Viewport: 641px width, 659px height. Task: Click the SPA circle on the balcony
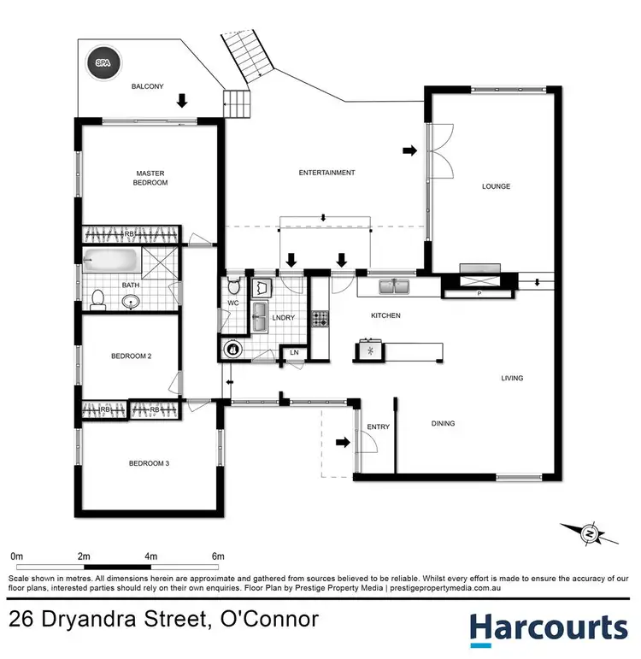[103, 62]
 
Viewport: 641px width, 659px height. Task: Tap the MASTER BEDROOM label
[151, 178]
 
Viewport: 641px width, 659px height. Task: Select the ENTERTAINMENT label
[326, 173]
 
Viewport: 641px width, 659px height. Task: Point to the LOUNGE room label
[496, 186]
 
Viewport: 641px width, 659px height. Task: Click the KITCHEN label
[385, 315]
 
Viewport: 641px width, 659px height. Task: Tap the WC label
[233, 303]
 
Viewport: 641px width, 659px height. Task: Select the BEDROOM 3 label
[150, 463]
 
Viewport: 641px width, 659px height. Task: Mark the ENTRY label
[378, 427]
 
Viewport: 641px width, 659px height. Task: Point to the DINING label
[443, 423]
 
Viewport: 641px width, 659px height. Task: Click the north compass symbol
[590, 534]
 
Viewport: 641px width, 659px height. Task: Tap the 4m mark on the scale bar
[151, 556]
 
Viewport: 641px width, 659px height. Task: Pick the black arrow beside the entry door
[342, 442]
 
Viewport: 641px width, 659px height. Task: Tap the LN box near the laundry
[295, 352]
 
